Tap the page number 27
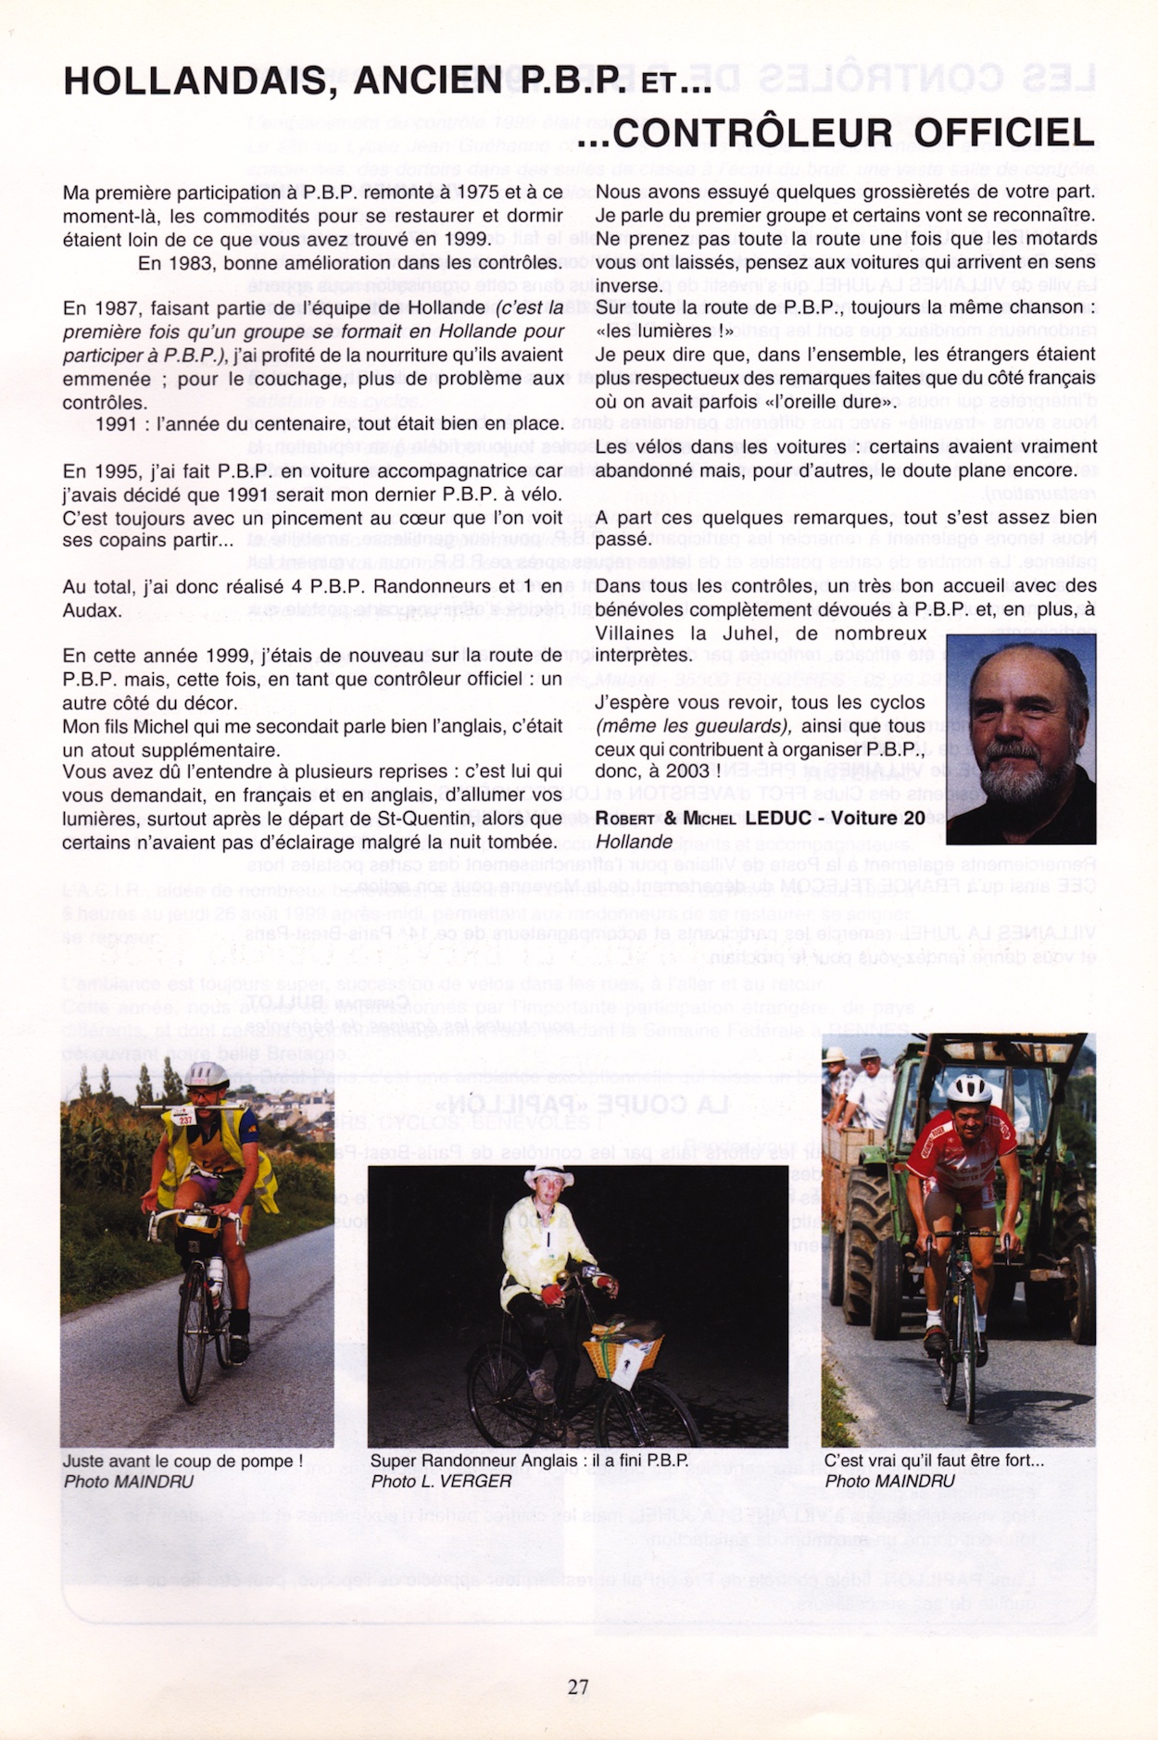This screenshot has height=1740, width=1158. point(578,1686)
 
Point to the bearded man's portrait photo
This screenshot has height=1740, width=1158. point(1021,738)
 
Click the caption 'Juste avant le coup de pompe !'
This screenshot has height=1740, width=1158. point(183,1460)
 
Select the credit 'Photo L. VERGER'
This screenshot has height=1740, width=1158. point(441,1482)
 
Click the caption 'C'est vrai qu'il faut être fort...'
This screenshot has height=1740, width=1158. point(934,1460)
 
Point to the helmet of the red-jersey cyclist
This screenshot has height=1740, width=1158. point(968,1090)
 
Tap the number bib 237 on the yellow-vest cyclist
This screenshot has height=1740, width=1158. point(185,1118)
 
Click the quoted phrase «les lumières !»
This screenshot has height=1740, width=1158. point(664,331)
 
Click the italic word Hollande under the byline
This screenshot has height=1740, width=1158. point(634,842)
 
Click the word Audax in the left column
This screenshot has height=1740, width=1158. point(92,610)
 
